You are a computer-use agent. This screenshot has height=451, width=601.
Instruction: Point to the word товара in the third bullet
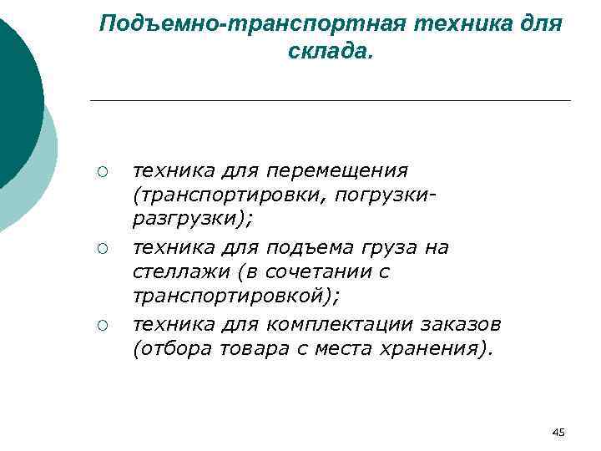click(250, 347)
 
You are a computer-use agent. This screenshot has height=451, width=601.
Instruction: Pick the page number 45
click(559, 432)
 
